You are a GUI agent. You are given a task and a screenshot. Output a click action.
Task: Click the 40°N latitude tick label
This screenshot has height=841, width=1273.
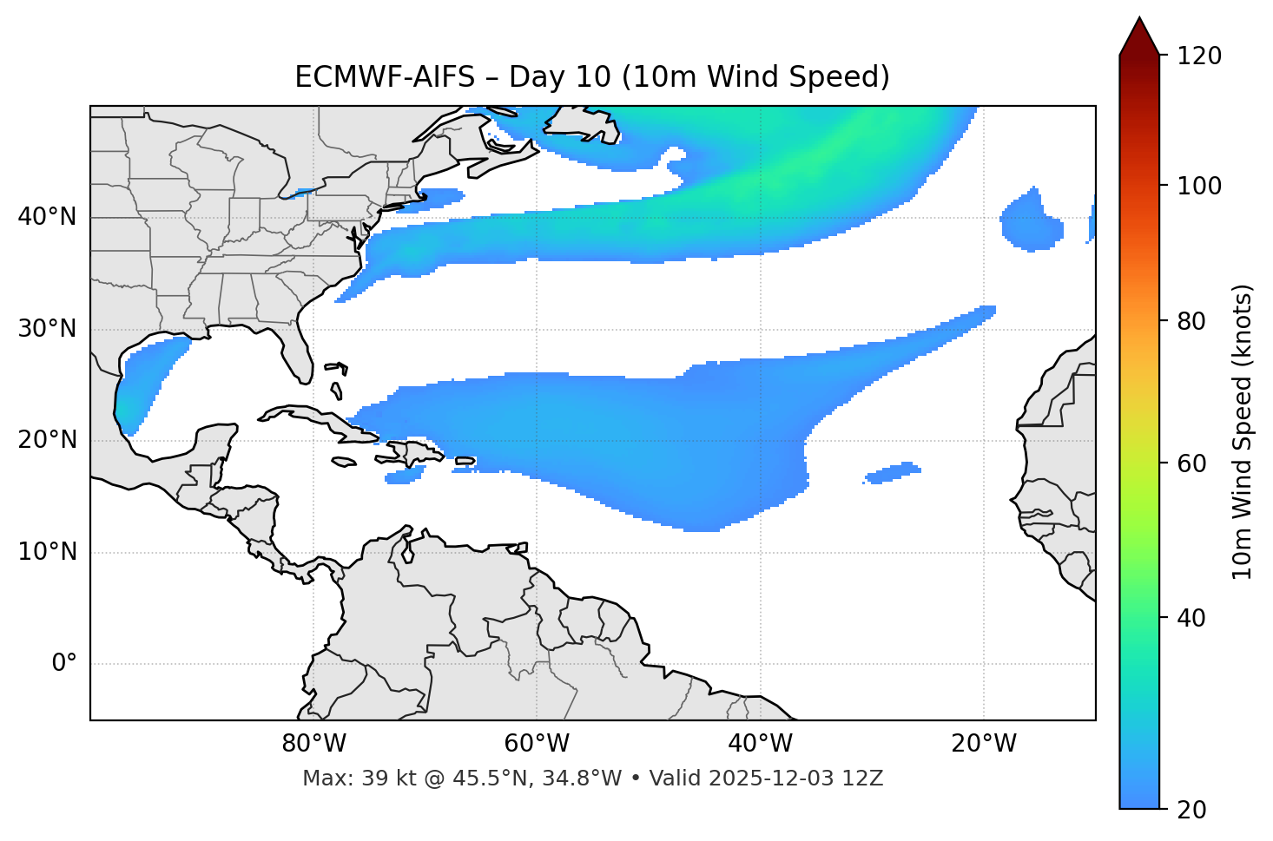(47, 216)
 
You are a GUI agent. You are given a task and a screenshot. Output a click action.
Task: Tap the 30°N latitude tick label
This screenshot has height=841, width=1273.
(47, 329)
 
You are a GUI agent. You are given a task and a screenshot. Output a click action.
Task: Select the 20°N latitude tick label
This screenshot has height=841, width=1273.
(47, 440)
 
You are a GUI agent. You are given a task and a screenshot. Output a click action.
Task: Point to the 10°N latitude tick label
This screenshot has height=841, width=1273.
(47, 552)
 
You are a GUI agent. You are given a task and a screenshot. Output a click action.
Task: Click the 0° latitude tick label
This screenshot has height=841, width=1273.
(64, 663)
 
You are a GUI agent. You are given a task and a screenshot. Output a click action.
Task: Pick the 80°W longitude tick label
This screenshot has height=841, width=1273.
(313, 744)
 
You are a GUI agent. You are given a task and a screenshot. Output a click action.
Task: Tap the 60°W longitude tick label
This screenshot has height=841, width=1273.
(537, 744)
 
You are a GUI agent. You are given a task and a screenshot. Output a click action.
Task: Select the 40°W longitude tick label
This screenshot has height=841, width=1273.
(760, 744)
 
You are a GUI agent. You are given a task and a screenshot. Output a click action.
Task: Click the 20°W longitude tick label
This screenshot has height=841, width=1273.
(983, 744)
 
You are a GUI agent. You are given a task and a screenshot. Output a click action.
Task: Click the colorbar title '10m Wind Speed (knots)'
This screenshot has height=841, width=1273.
(1243, 431)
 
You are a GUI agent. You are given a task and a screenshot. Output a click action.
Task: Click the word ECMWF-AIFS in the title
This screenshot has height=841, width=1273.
(385, 77)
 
